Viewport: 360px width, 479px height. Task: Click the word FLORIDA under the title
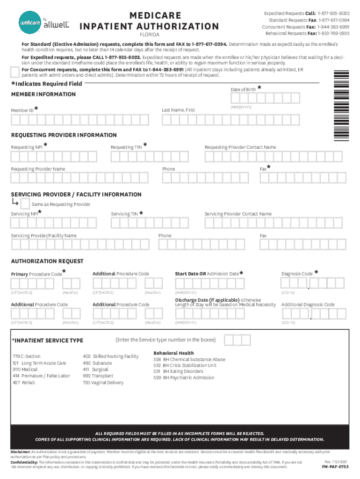150,35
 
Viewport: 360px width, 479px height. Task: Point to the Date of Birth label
243,89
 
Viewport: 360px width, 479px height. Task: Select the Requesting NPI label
26,147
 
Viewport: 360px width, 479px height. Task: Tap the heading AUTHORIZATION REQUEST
47,261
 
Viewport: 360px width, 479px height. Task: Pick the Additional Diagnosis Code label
308,305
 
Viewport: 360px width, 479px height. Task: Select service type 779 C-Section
27,356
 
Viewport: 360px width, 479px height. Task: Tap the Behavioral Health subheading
173,353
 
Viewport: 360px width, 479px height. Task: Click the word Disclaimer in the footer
21,452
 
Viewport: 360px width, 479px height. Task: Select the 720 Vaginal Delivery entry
103,383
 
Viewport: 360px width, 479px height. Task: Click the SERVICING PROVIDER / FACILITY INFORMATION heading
76,194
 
